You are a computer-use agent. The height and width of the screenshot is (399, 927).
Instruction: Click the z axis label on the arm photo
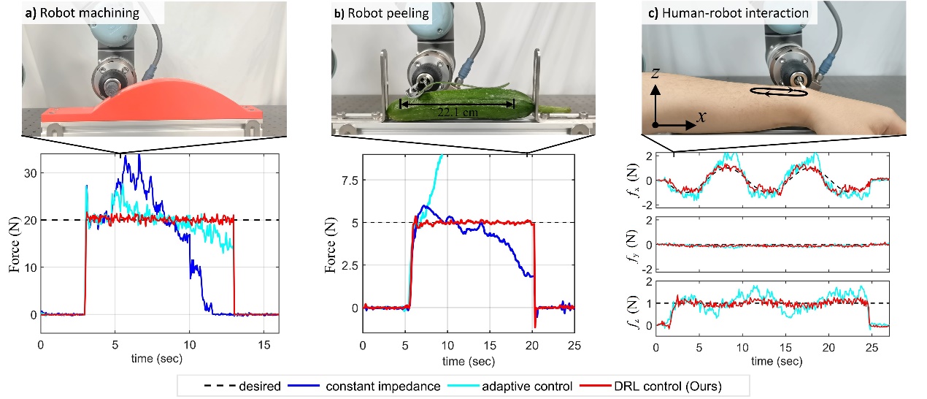pos(656,75)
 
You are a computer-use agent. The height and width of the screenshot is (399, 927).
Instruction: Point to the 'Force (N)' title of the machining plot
pos(15,245)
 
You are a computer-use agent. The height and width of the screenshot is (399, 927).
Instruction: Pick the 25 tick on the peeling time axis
pos(574,344)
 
